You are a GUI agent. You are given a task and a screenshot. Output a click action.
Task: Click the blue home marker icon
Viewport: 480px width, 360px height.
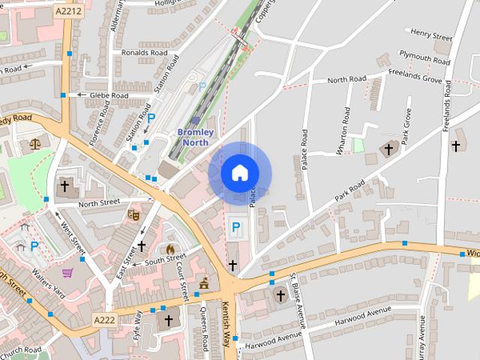[x=239, y=172]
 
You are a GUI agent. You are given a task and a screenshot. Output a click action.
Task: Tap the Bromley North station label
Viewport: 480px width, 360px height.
[x=196, y=137]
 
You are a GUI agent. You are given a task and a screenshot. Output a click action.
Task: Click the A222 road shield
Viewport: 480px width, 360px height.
[x=104, y=320]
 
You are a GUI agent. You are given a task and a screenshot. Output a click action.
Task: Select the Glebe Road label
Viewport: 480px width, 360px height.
[x=109, y=95]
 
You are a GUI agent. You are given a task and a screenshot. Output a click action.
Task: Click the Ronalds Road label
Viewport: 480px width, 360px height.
[x=144, y=53]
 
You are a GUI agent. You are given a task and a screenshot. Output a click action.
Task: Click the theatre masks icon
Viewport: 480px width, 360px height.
[x=133, y=214]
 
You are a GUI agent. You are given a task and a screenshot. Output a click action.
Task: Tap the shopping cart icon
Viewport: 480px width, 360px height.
[x=67, y=273]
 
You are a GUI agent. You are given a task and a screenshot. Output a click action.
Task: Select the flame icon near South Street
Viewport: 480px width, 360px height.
[x=170, y=248]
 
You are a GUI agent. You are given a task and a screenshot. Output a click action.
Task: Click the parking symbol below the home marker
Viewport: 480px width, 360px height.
[x=236, y=226]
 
